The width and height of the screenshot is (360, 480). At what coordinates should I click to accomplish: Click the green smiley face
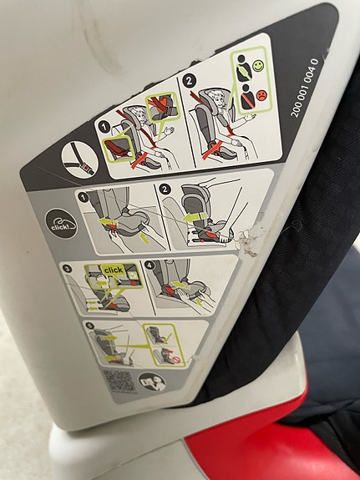[x=258, y=65]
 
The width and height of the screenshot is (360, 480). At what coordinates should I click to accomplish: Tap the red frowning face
[x=261, y=95]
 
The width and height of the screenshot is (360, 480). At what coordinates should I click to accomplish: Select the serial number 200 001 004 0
[x=304, y=88]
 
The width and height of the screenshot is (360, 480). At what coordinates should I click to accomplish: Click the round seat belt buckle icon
[x=79, y=160]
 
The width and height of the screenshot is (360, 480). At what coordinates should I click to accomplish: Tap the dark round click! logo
[x=61, y=224]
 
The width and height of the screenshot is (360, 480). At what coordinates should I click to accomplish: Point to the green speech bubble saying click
[x=114, y=270]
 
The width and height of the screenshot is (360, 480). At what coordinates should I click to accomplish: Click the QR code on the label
[x=119, y=381]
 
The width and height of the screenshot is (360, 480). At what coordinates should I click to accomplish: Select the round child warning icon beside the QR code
[x=152, y=382]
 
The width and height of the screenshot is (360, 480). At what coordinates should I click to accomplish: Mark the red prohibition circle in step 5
[x=176, y=359]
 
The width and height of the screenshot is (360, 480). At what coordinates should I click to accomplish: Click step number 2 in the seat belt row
[x=189, y=81]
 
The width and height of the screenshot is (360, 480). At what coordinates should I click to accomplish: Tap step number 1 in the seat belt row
[x=104, y=127]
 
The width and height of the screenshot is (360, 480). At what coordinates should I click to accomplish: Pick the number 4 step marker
[x=150, y=265]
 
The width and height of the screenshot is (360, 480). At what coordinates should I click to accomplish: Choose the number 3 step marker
[x=67, y=269]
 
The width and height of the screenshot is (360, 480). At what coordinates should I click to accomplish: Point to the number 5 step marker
[x=89, y=326]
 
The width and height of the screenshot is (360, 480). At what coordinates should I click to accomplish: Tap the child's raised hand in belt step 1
[x=169, y=131]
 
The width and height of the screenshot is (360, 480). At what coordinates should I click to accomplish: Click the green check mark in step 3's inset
[x=132, y=275]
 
